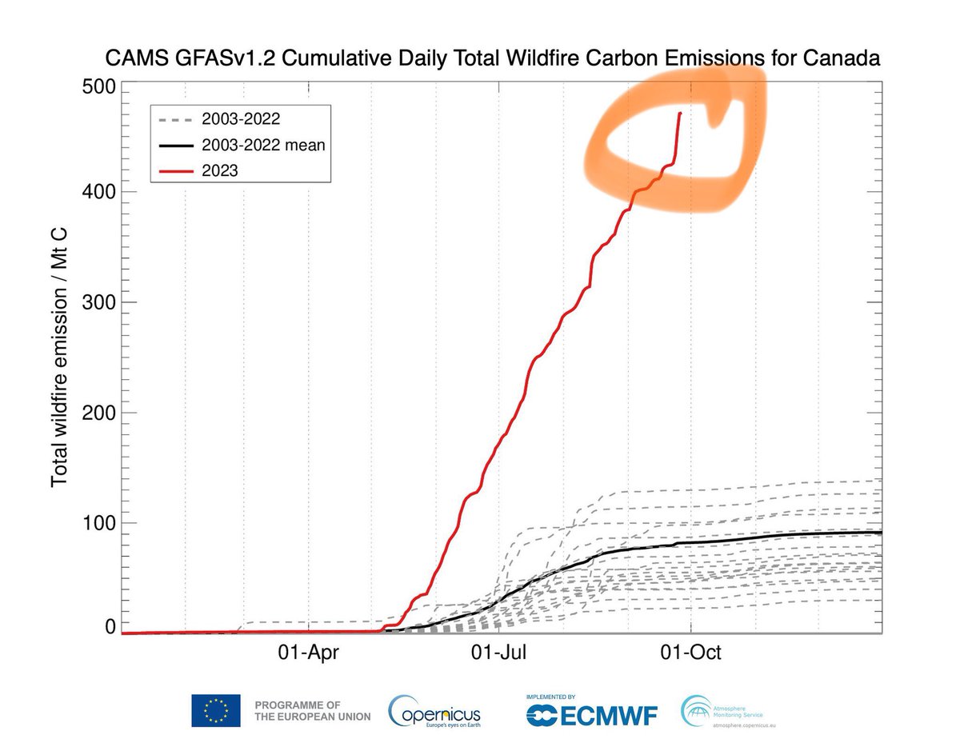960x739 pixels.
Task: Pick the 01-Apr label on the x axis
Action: [x=309, y=652]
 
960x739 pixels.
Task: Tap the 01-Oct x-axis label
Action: [x=690, y=652]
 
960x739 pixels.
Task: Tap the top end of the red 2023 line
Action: [x=680, y=114]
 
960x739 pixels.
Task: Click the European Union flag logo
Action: [x=215, y=710]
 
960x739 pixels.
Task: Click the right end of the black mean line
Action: [x=880, y=532]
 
